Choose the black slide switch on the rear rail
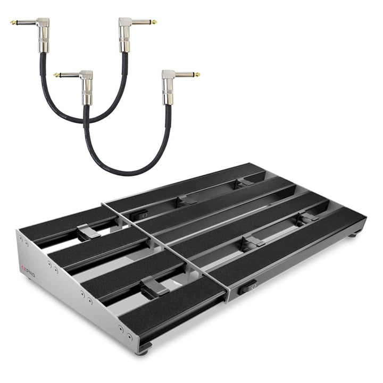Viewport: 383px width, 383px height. [x=142, y=215]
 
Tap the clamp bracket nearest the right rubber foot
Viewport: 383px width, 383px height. [x=307, y=218]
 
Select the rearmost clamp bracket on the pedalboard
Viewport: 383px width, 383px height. [x=244, y=183]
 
